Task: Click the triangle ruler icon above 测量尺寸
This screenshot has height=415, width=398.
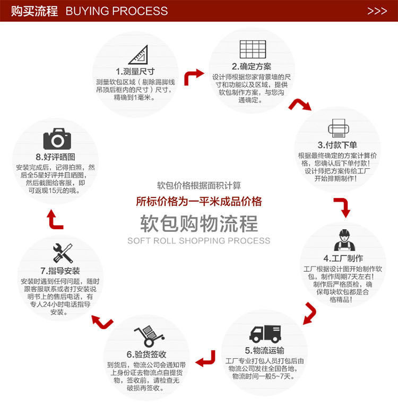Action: coord(138,55)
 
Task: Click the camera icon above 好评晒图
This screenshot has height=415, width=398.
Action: coord(57,139)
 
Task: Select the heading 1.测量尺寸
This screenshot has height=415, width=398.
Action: coord(135,72)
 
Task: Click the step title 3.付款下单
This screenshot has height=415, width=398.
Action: coord(337,145)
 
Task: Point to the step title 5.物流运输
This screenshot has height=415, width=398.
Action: coord(265,350)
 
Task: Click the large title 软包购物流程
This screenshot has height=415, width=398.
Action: coord(198,223)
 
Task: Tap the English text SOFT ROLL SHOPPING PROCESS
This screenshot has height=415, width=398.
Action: coord(198,241)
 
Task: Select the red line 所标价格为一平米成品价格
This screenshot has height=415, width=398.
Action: coord(198,202)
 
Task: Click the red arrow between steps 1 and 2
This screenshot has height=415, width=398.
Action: coord(193,77)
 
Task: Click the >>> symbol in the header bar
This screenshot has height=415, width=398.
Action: coord(377,11)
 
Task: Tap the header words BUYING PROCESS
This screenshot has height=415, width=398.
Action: coord(117,11)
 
